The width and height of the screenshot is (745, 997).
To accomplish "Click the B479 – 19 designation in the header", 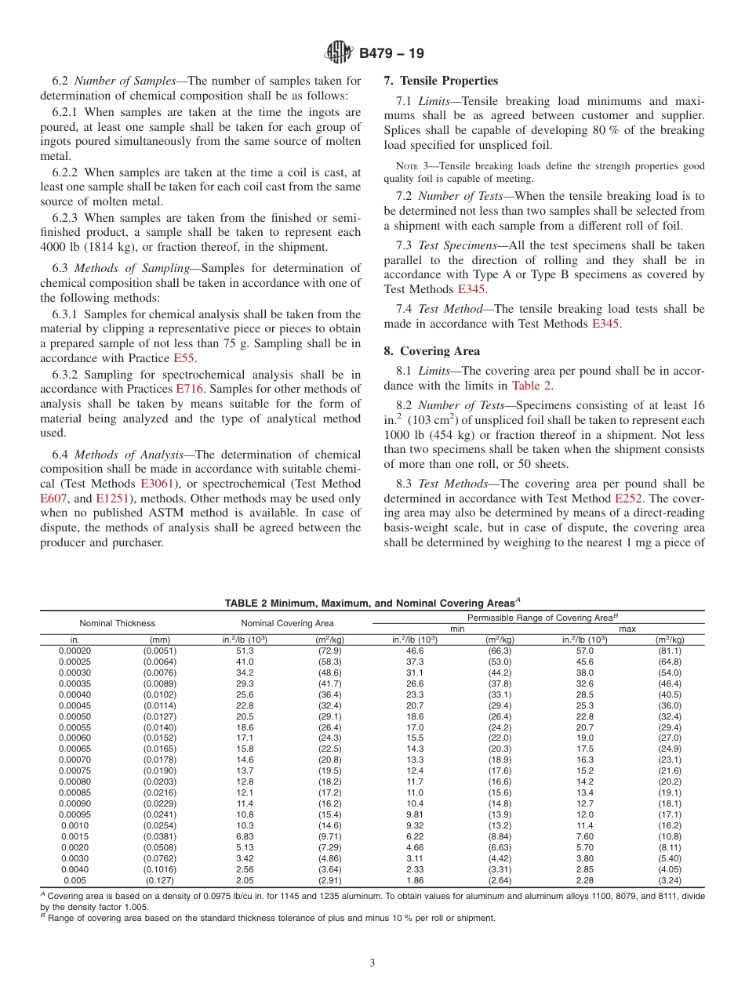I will (391, 54).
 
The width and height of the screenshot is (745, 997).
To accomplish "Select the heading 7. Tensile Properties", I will (441, 81).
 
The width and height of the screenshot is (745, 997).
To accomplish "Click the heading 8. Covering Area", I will (432, 351).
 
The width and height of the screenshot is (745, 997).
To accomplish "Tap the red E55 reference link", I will (184, 357).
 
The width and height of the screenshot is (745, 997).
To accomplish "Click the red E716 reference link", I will (190, 389).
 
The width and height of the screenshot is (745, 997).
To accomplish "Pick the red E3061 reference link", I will (157, 484).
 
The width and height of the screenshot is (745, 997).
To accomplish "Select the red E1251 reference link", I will (110, 498).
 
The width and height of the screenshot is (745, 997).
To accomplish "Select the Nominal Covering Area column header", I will (287, 623).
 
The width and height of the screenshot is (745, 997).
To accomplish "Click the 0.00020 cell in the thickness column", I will (75, 651).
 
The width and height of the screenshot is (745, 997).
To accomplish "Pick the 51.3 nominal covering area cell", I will (245, 651).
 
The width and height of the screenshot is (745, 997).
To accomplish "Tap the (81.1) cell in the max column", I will (670, 651).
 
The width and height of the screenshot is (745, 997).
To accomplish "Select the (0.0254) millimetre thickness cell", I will (160, 825).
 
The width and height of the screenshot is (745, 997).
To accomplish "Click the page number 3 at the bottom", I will (372, 963).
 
